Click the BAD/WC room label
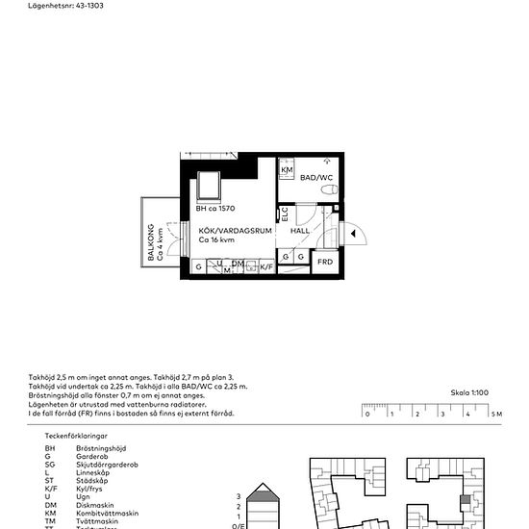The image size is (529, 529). (x=315, y=178)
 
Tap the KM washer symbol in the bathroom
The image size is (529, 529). (x=287, y=170)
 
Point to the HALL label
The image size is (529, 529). (x=301, y=231)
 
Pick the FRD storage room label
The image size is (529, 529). (x=325, y=261)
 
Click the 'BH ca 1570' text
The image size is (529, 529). (x=215, y=209)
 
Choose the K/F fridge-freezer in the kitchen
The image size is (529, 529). (x=265, y=265)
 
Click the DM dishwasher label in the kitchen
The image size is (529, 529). (x=237, y=264)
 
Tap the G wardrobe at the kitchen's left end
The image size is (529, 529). (x=198, y=265)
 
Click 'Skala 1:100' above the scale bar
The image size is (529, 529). (x=469, y=392)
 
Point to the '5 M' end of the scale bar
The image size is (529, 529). (x=495, y=414)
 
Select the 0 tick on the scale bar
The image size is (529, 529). (x=366, y=415)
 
